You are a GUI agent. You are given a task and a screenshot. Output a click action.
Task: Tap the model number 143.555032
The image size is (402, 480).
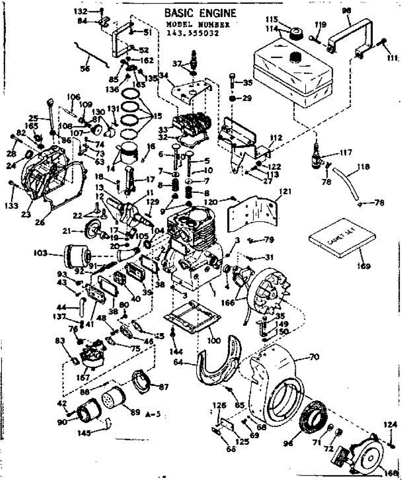coord(193,34)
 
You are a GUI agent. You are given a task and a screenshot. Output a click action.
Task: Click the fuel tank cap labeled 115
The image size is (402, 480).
coord(297,32)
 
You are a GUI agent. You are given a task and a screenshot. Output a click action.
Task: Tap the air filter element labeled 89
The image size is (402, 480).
coord(114,399)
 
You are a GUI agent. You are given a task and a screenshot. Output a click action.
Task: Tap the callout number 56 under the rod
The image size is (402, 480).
coord(84,68)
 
